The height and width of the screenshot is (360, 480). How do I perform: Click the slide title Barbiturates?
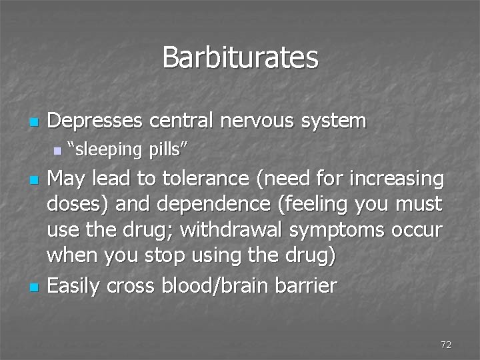click(x=240, y=57)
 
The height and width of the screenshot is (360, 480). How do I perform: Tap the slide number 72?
click(x=446, y=345)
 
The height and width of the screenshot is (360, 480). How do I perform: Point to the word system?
click(x=335, y=121)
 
